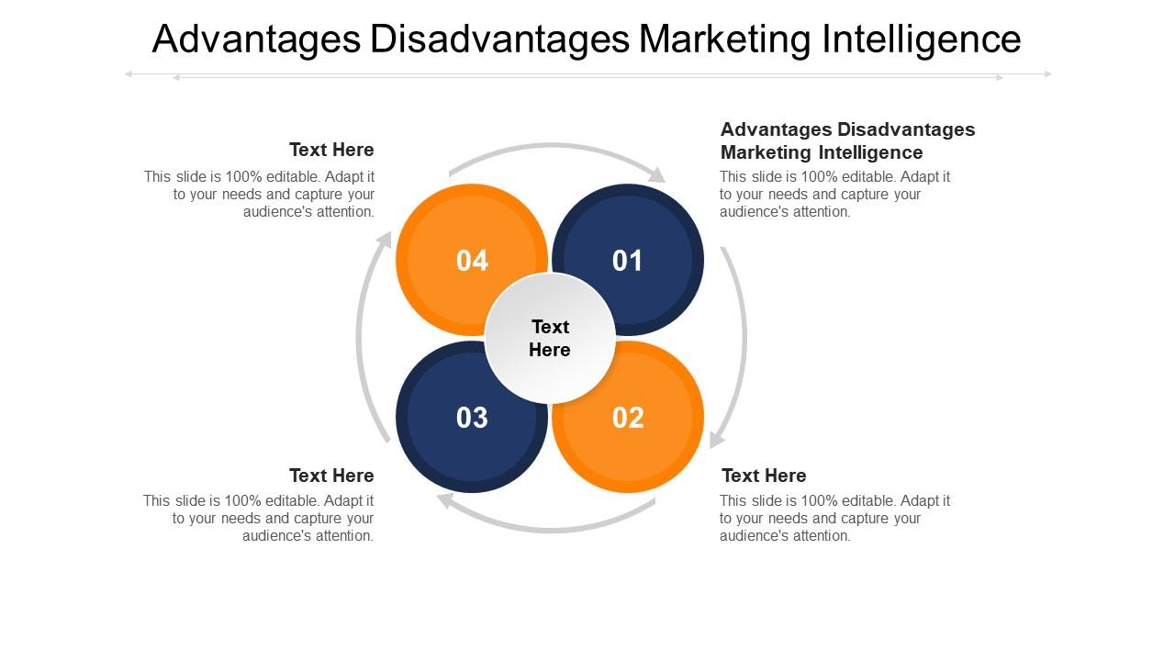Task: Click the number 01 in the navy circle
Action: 628,261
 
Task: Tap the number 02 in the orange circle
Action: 628,418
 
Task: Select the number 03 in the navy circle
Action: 472,418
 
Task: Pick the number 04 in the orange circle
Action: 472,261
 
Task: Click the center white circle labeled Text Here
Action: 550,338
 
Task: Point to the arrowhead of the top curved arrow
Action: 657,174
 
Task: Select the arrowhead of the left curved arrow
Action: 385,240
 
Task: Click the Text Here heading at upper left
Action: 331,150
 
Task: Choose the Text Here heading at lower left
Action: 331,476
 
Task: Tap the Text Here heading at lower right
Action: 764,476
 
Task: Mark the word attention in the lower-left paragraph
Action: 344,536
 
